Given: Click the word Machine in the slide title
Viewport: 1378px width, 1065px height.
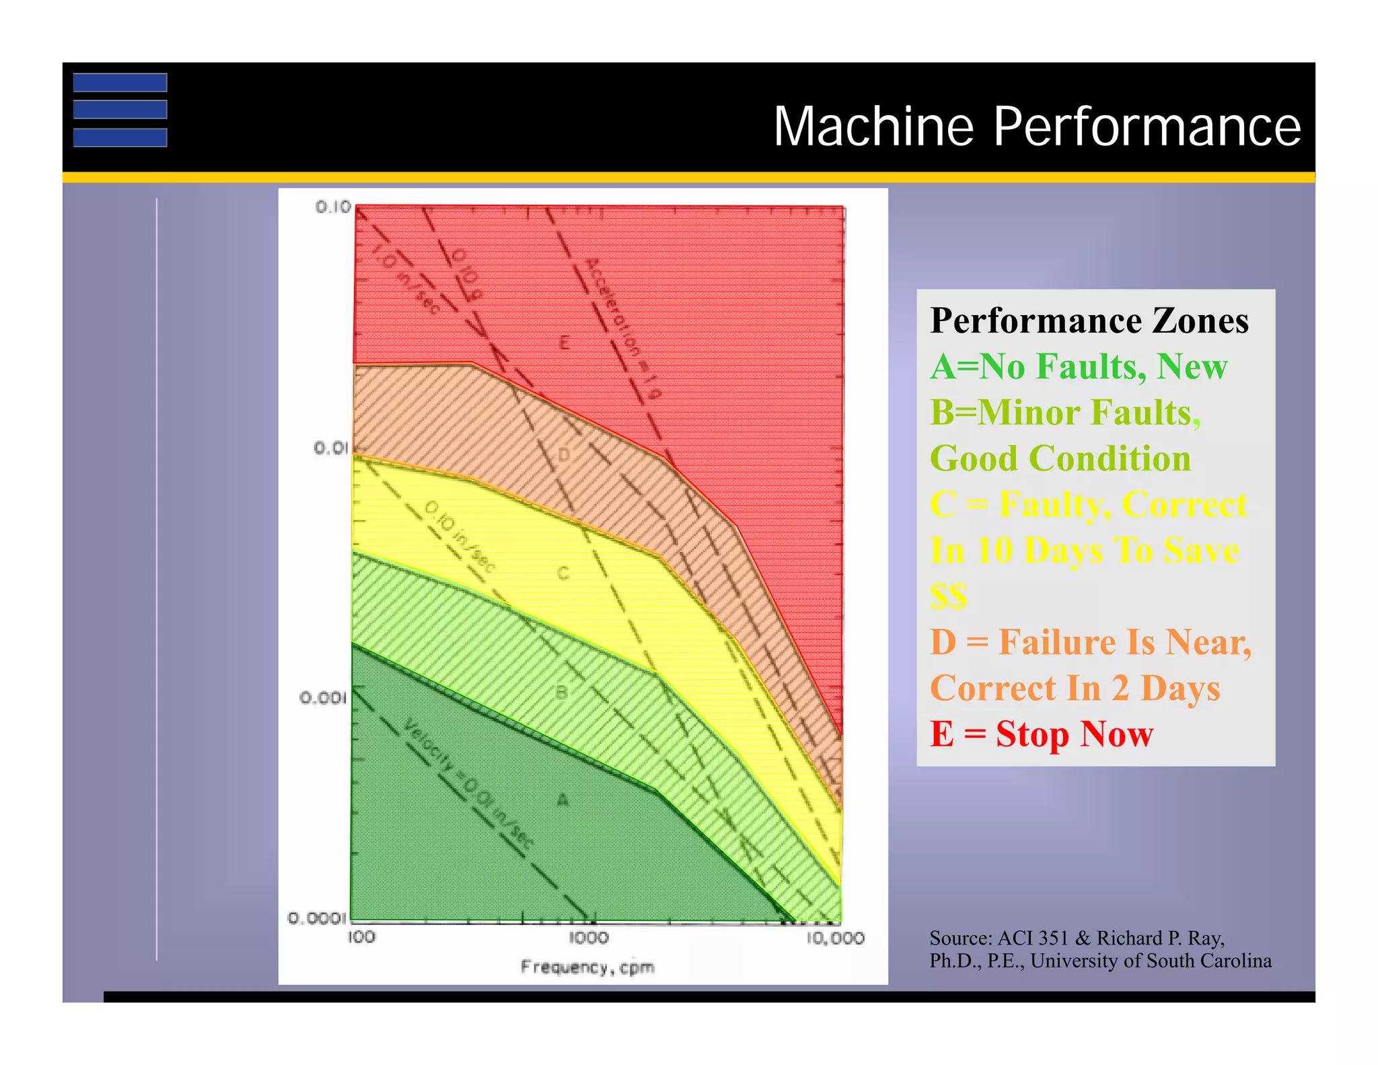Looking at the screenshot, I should [873, 127].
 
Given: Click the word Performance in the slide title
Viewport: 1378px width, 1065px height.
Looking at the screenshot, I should [1147, 127].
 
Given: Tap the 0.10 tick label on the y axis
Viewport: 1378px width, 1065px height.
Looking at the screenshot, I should [333, 207].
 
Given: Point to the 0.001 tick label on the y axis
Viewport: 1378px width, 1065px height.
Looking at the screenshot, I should [323, 697].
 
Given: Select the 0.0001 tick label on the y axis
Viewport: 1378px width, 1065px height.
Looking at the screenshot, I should [317, 918].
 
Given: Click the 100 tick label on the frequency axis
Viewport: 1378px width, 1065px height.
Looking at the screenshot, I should [361, 937].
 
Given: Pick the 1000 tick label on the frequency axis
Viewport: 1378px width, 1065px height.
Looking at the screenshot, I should [589, 937].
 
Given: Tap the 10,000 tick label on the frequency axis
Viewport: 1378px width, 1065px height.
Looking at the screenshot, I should [835, 938].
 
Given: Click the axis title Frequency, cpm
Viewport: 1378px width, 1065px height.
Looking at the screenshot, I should [587, 967].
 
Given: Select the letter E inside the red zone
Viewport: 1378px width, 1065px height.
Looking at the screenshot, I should [565, 343].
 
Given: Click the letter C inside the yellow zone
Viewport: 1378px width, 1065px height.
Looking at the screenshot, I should [563, 574].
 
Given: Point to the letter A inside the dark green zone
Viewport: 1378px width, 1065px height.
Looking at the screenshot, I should [563, 800].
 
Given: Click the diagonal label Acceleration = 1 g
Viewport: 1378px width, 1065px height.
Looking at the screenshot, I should [623, 327].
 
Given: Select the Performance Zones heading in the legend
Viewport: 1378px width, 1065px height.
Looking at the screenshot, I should [1089, 320].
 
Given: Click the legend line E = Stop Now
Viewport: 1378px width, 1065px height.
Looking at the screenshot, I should [1042, 734].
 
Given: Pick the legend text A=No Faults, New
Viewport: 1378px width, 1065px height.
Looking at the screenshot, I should [1079, 367].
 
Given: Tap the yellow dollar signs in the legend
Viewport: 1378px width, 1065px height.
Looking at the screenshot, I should [949, 596].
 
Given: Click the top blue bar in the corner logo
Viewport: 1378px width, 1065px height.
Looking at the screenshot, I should [120, 82].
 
